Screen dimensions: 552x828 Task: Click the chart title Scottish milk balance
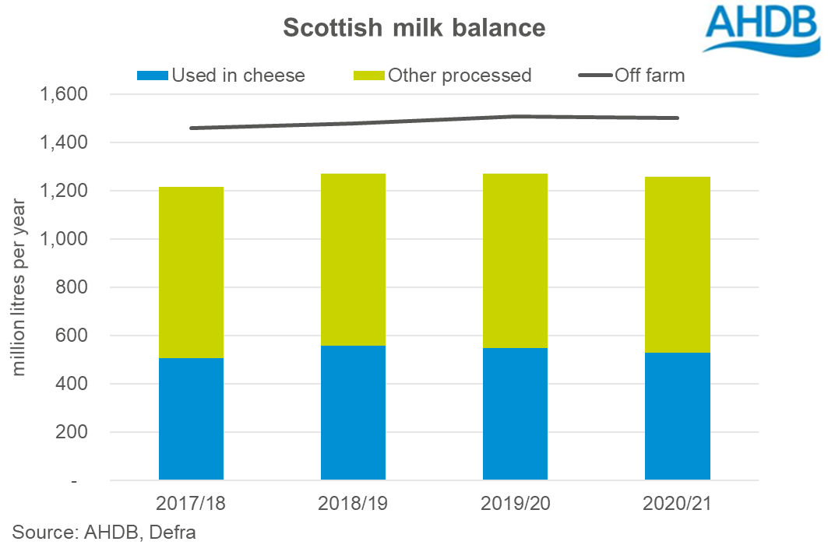tap(414, 26)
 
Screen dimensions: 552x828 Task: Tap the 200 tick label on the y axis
tap(75, 432)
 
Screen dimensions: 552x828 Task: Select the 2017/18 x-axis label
tap(191, 504)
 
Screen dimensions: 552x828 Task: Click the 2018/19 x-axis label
tap(353, 504)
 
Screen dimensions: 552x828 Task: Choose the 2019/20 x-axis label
tap(515, 504)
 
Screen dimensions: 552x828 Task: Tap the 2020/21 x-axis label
tap(677, 504)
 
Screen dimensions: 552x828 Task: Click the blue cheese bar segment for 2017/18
tap(191, 419)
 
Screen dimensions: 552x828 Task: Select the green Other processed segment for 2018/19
tap(353, 259)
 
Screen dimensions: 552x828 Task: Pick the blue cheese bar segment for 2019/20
tap(515, 413)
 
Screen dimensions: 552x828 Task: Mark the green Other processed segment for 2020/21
tap(677, 265)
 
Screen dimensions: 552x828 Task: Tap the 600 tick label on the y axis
tap(75, 336)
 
